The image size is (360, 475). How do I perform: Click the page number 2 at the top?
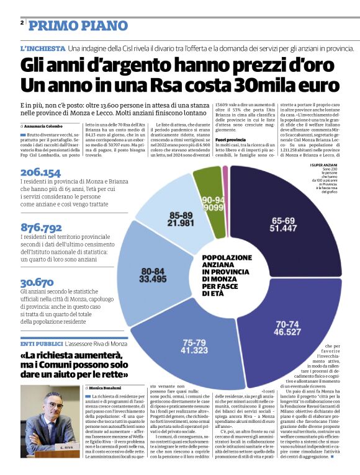click(22, 23)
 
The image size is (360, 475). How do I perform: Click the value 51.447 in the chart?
click(282, 229)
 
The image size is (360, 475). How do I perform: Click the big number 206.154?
click(40, 172)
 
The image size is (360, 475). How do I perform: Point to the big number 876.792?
click(41, 227)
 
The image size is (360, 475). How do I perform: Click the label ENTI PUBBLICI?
click(40, 343)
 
